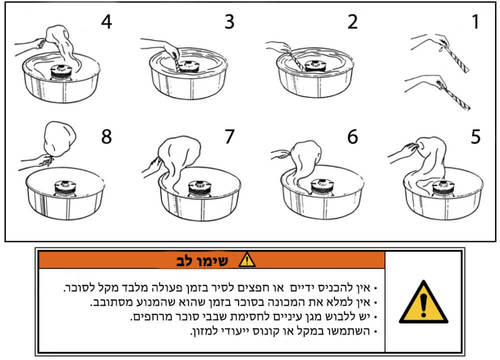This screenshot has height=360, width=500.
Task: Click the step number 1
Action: coord(476,21)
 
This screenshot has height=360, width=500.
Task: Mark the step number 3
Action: coord(229,21)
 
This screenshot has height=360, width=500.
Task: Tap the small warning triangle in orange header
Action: coord(245,261)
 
